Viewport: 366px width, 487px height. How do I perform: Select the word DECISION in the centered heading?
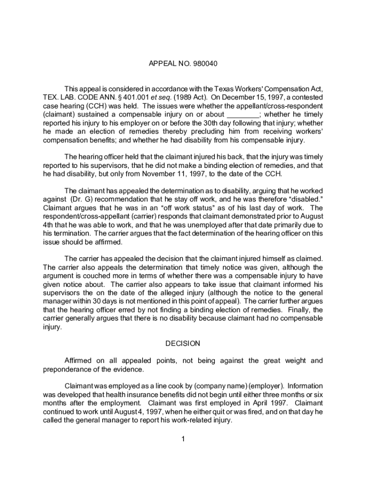coord(183,343)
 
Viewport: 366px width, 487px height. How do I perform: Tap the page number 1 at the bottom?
coord(183,438)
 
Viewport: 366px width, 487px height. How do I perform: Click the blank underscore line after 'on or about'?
coord(243,114)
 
